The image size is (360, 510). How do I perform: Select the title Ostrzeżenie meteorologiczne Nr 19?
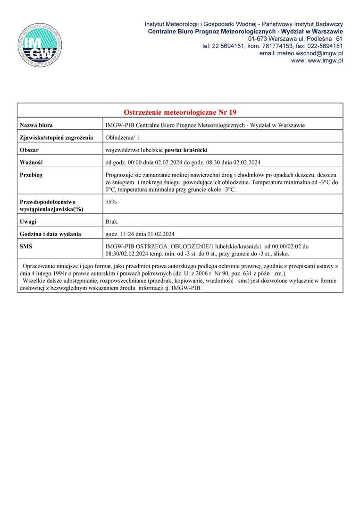coord(180,112)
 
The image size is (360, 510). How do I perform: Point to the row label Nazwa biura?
coord(36,125)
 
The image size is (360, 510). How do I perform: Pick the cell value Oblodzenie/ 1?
coord(122,137)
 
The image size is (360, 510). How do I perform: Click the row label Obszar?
coord(29,150)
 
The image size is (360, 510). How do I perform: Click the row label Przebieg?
coord(31,175)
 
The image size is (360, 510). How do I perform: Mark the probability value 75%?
coord(111,202)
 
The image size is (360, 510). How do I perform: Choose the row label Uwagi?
coord(28,221)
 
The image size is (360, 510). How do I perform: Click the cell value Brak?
coord(112,221)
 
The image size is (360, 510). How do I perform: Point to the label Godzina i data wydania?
coord(50,234)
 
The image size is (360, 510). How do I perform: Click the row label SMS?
coord(26,246)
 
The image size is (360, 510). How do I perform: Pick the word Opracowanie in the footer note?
coord(39,266)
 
